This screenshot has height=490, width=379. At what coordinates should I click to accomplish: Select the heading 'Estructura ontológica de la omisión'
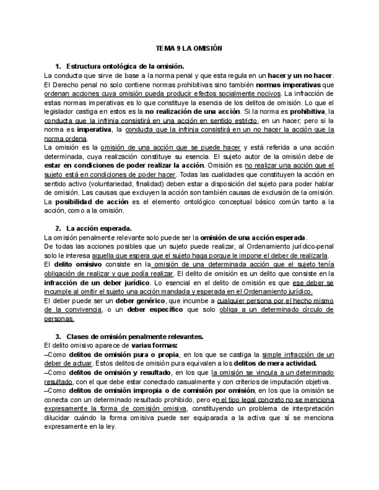tap(125, 66)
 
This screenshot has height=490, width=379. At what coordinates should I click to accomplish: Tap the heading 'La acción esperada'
tap(99, 228)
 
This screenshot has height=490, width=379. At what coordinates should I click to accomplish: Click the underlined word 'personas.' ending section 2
tap(59, 318)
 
